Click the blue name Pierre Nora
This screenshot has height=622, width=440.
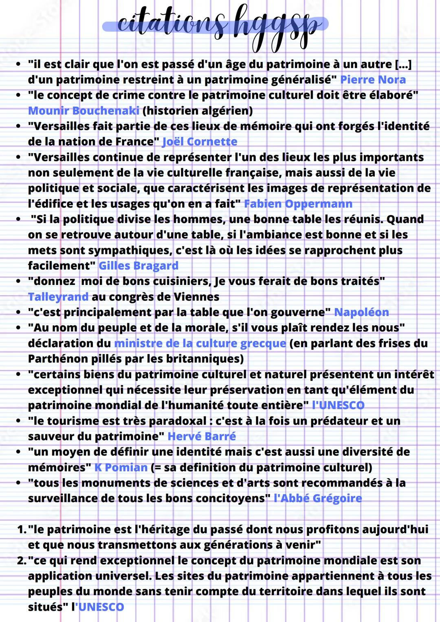[x=373, y=79]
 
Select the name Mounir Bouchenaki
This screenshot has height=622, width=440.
[x=84, y=110]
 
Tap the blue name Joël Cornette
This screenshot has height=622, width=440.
[x=200, y=142]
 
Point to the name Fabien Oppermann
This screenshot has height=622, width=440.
[x=298, y=204]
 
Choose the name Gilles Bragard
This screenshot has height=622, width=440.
[x=139, y=266]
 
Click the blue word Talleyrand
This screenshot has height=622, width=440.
[x=58, y=297]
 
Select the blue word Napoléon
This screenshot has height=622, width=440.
[x=361, y=312]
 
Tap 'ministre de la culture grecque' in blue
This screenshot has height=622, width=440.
[x=200, y=343]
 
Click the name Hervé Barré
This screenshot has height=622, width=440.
[x=202, y=436]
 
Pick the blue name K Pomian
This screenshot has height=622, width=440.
[x=121, y=467]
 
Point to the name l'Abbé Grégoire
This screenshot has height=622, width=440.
[x=318, y=498]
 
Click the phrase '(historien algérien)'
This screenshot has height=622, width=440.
[x=198, y=110]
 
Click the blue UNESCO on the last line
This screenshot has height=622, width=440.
[x=101, y=607]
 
